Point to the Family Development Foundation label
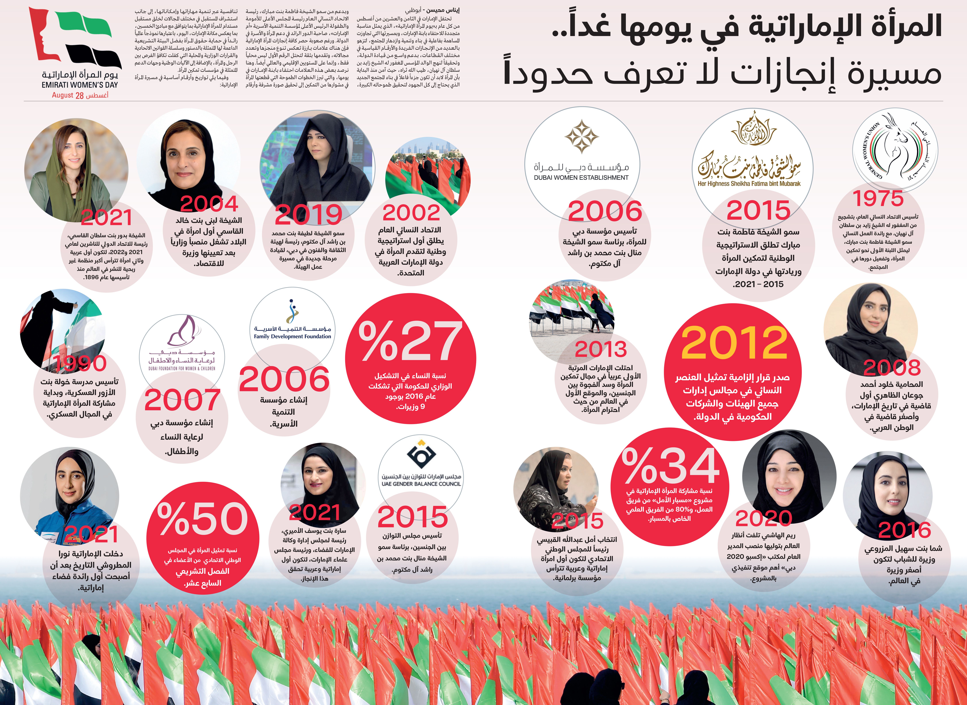click(x=292, y=336)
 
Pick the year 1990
click(x=80, y=364)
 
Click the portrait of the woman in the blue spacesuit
click(x=70, y=497)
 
